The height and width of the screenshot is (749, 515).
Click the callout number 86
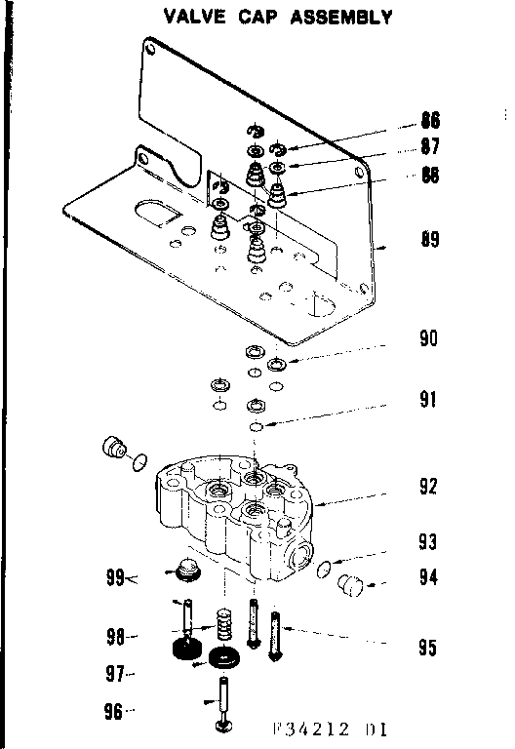tap(429, 121)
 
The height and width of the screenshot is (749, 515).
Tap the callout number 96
tap(114, 712)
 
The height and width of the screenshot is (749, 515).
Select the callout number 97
tap(114, 674)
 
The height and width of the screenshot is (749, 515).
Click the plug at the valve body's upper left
tap(115, 450)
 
